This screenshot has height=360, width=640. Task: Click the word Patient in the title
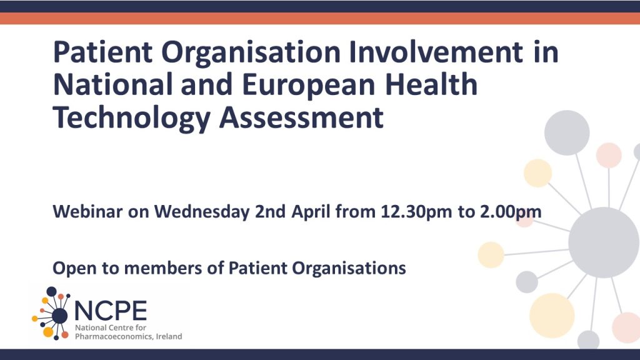tap(103, 52)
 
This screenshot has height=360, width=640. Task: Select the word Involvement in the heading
tap(436, 52)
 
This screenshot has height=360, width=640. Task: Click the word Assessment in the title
tap(301, 117)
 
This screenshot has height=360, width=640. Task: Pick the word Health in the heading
tap(431, 84)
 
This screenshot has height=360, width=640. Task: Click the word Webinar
tap(87, 211)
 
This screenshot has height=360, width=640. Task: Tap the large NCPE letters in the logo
tap(111, 311)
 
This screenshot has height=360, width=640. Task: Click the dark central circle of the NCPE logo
tap(59, 315)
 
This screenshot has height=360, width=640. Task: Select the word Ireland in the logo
tap(169, 337)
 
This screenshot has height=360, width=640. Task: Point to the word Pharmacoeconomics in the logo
tap(114, 337)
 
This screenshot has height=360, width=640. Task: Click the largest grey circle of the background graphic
tap(603, 242)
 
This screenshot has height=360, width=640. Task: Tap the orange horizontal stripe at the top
tap(320, 18)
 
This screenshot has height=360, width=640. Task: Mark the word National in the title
tap(112, 84)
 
